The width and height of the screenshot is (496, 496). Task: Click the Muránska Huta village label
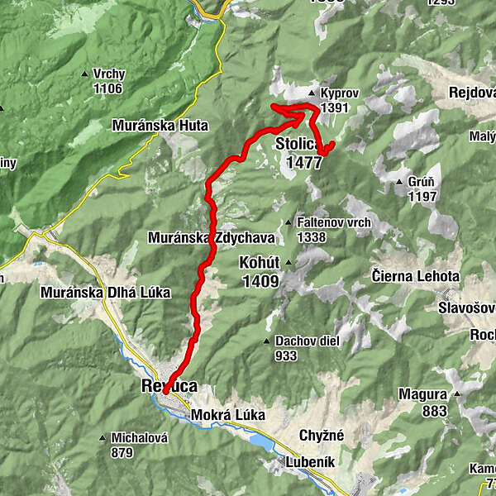(x=160, y=126)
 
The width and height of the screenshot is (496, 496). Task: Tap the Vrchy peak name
(x=109, y=74)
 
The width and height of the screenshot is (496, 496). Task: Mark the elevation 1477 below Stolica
(x=304, y=163)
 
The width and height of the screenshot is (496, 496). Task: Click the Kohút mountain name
(x=259, y=263)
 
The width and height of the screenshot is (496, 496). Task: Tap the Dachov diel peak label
(x=300, y=341)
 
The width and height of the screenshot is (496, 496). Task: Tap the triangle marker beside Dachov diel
(x=267, y=341)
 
